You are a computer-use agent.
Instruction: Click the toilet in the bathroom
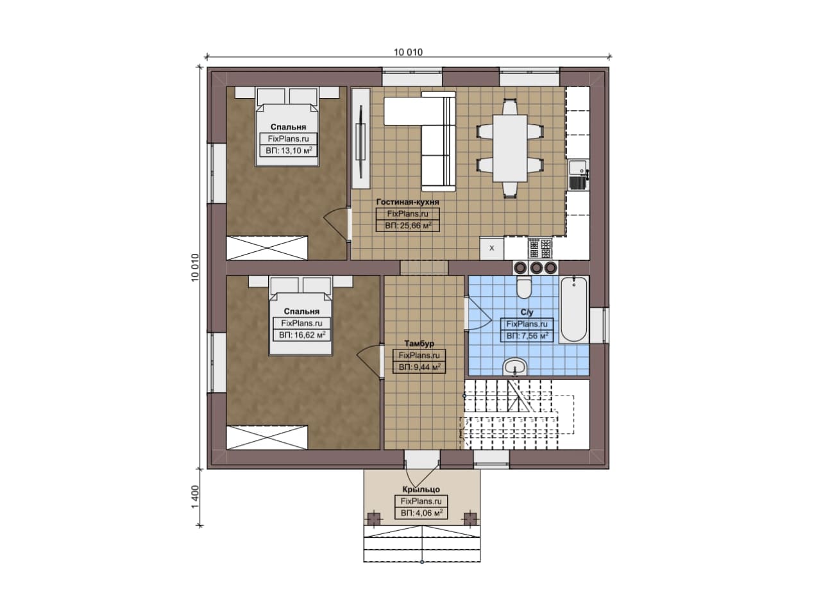(x=524, y=287)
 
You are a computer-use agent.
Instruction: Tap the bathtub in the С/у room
(x=573, y=309)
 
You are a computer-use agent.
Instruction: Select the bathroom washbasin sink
(x=515, y=366)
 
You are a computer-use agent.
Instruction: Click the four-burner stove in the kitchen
(x=540, y=248)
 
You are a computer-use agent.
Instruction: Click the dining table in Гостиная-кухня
(x=510, y=148)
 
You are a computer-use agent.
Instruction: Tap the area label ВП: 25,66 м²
(x=408, y=225)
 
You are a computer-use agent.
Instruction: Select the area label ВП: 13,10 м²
(x=289, y=150)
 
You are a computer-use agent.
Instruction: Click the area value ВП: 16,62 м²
(x=302, y=335)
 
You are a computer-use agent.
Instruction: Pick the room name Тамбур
(x=419, y=344)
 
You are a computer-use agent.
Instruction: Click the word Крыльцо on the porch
(x=421, y=489)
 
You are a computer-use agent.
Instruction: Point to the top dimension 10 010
(x=409, y=53)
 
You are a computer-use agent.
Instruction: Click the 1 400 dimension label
(x=195, y=497)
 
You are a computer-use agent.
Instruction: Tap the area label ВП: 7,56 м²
(x=527, y=336)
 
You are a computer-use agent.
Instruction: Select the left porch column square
(x=374, y=519)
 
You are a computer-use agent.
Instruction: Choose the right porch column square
(x=470, y=519)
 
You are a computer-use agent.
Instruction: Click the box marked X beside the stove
(x=492, y=248)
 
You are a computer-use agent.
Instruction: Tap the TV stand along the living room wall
(x=361, y=138)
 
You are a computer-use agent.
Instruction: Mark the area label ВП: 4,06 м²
(x=421, y=513)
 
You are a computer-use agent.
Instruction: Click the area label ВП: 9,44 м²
(x=419, y=367)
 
